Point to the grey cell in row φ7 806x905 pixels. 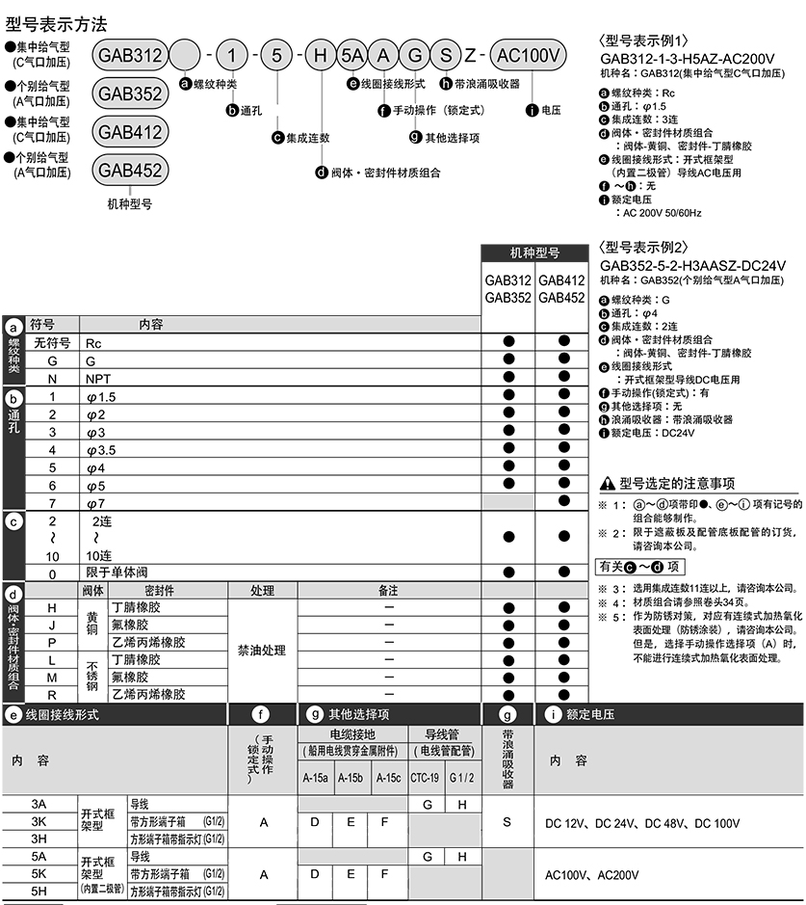(507, 502)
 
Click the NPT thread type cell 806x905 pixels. (98, 379)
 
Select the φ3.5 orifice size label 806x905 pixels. (102, 449)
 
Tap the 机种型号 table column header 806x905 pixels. (534, 253)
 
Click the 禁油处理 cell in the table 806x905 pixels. (262, 651)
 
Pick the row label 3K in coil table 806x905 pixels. (39, 821)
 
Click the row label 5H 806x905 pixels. (39, 892)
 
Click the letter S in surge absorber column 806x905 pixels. (507, 821)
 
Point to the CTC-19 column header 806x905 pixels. (425, 778)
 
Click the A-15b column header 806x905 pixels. (351, 778)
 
